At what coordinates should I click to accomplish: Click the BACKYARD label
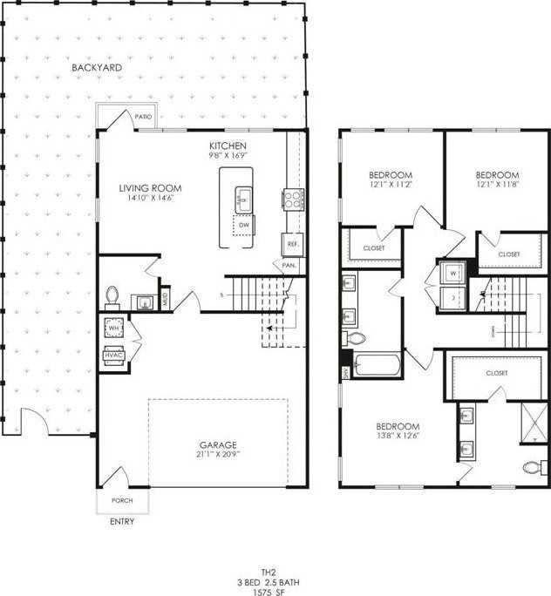point(96,67)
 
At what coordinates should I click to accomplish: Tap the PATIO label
point(144,116)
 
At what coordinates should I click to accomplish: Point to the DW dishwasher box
point(244,226)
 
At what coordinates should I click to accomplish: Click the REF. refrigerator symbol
point(292,245)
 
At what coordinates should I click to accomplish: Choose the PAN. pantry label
point(289,265)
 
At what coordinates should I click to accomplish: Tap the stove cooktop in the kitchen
point(292,199)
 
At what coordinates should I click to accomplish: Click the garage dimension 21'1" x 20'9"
point(218,455)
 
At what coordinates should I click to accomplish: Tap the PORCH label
point(122,501)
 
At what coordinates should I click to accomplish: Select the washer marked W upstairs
point(453,272)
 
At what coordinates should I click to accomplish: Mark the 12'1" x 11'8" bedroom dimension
point(497,185)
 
